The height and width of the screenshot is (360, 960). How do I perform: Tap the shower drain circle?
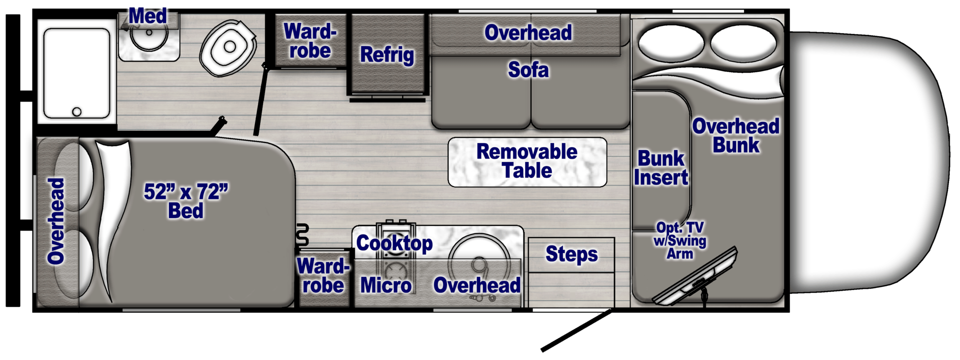(x=76, y=111)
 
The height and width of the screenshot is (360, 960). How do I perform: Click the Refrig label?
(x=387, y=54)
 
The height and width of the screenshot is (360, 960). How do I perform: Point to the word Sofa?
(x=528, y=70)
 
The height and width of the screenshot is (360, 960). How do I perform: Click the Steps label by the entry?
(x=571, y=254)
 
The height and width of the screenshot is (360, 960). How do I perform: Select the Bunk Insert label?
(x=660, y=168)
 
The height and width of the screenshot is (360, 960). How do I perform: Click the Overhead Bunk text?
(x=735, y=135)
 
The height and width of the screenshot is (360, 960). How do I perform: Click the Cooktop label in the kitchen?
(x=394, y=243)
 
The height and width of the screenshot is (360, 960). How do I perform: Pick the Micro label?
(x=385, y=285)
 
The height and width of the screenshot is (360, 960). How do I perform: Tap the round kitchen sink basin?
(x=478, y=260)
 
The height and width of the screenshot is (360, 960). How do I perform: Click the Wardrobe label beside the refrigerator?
(x=310, y=41)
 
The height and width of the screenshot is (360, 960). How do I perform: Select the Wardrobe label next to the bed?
(x=323, y=275)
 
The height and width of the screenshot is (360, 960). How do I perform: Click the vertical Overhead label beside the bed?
(x=56, y=221)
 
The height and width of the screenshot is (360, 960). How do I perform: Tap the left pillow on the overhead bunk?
(x=670, y=43)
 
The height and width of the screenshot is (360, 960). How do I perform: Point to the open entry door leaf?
(x=575, y=330)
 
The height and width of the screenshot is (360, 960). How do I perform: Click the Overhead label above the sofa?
(x=528, y=33)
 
